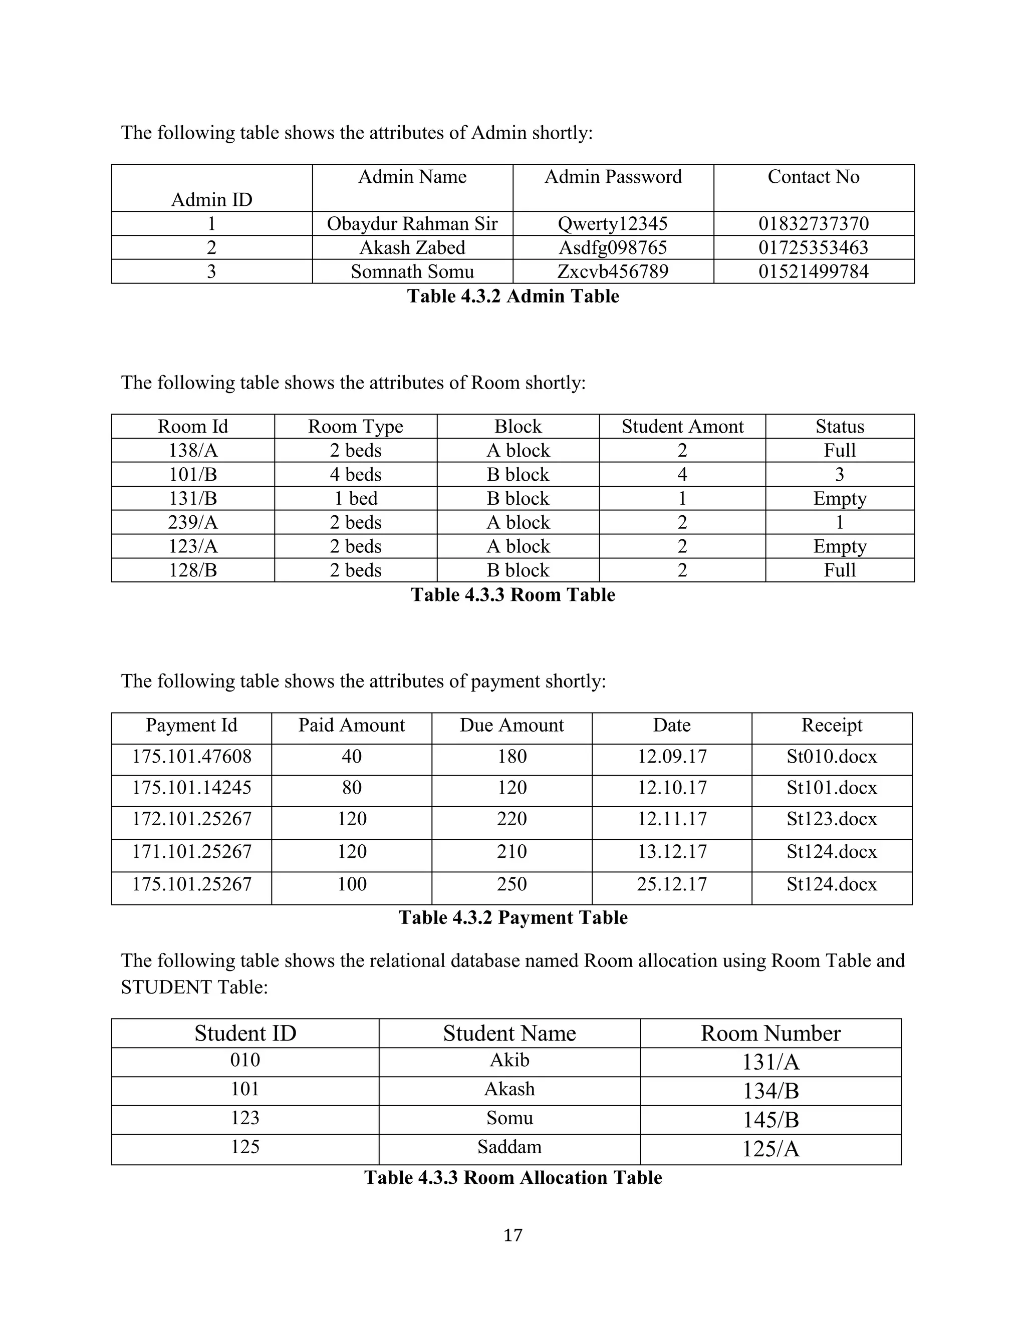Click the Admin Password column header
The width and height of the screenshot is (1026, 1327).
pos(613,177)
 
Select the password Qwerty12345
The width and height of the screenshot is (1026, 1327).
pos(613,224)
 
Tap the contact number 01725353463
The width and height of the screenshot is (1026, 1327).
pos(813,248)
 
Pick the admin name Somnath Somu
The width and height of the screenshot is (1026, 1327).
pos(412,271)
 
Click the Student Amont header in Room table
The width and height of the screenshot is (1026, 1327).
pos(682,427)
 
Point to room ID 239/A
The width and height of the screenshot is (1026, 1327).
pos(193,522)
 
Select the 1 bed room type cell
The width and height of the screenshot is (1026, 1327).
pos(356,499)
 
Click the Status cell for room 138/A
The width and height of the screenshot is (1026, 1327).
pos(840,451)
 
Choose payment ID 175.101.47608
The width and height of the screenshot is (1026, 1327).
pos(191,757)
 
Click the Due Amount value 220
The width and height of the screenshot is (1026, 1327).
pos(512,819)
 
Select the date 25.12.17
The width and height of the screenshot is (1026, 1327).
pos(672,884)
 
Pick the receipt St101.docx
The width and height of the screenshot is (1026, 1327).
pos(832,788)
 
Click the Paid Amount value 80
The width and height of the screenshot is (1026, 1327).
pos(351,788)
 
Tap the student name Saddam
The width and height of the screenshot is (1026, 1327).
pos(509,1147)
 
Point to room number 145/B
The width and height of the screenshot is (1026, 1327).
pos(770,1120)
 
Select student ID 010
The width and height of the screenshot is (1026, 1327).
pos(245,1060)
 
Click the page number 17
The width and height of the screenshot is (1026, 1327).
pos(513,1235)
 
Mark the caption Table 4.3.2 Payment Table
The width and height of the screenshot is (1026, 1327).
pos(513,917)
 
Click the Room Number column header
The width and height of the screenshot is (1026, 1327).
pos(770,1034)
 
